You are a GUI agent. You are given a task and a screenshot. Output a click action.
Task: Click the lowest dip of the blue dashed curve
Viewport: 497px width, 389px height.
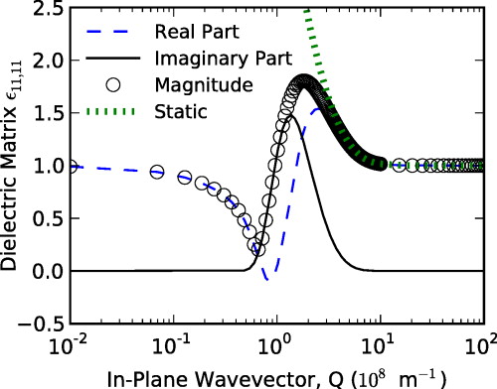(266, 280)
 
